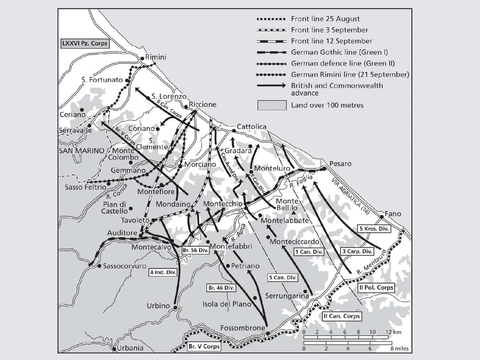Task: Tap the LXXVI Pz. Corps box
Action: [x=85, y=44]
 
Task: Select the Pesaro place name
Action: [x=340, y=164]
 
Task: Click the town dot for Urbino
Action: [x=176, y=307]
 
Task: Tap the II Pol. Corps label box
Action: [x=376, y=288]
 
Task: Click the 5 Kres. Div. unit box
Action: [x=373, y=229]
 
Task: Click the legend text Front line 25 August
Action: [x=325, y=19]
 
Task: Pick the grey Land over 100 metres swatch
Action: [x=272, y=105]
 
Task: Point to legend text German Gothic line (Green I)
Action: [x=339, y=52]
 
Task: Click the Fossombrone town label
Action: [x=243, y=328]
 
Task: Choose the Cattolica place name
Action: [x=252, y=127]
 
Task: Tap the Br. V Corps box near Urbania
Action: [x=204, y=346]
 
